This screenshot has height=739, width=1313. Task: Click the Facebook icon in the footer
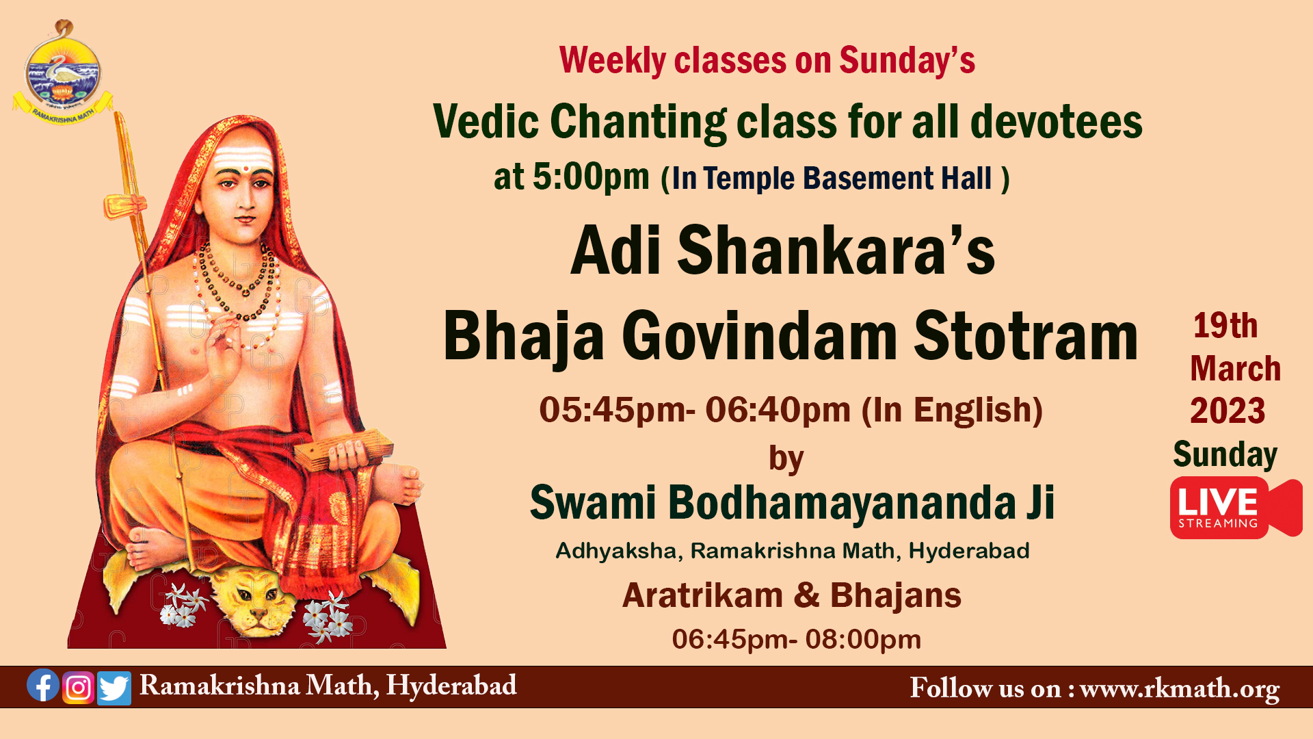click(x=43, y=686)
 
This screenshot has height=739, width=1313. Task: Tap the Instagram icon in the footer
click(x=79, y=688)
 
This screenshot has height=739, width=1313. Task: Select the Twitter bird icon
click(x=114, y=688)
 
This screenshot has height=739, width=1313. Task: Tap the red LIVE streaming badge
click(x=1236, y=508)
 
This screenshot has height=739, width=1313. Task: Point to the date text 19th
click(x=1225, y=326)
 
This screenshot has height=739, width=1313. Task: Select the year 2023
click(x=1228, y=411)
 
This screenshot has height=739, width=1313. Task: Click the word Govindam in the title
click(x=759, y=337)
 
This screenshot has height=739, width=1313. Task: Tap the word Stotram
click(x=1026, y=337)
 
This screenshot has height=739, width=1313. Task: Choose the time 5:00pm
click(x=591, y=177)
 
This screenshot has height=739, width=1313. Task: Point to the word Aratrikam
click(x=702, y=595)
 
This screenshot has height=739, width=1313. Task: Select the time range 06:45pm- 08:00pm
click(x=797, y=639)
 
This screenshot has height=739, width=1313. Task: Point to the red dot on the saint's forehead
click(x=244, y=167)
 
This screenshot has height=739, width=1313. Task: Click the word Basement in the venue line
click(x=868, y=178)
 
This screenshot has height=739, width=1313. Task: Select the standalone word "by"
click(x=786, y=459)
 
